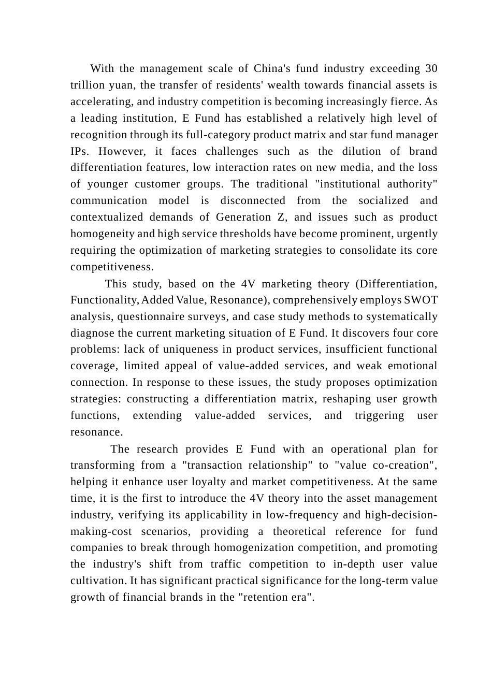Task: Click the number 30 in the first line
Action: pyautogui.click(x=431, y=69)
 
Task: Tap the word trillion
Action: pyautogui.click(x=87, y=85)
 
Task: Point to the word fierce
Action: pyautogui.click(x=409, y=102)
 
